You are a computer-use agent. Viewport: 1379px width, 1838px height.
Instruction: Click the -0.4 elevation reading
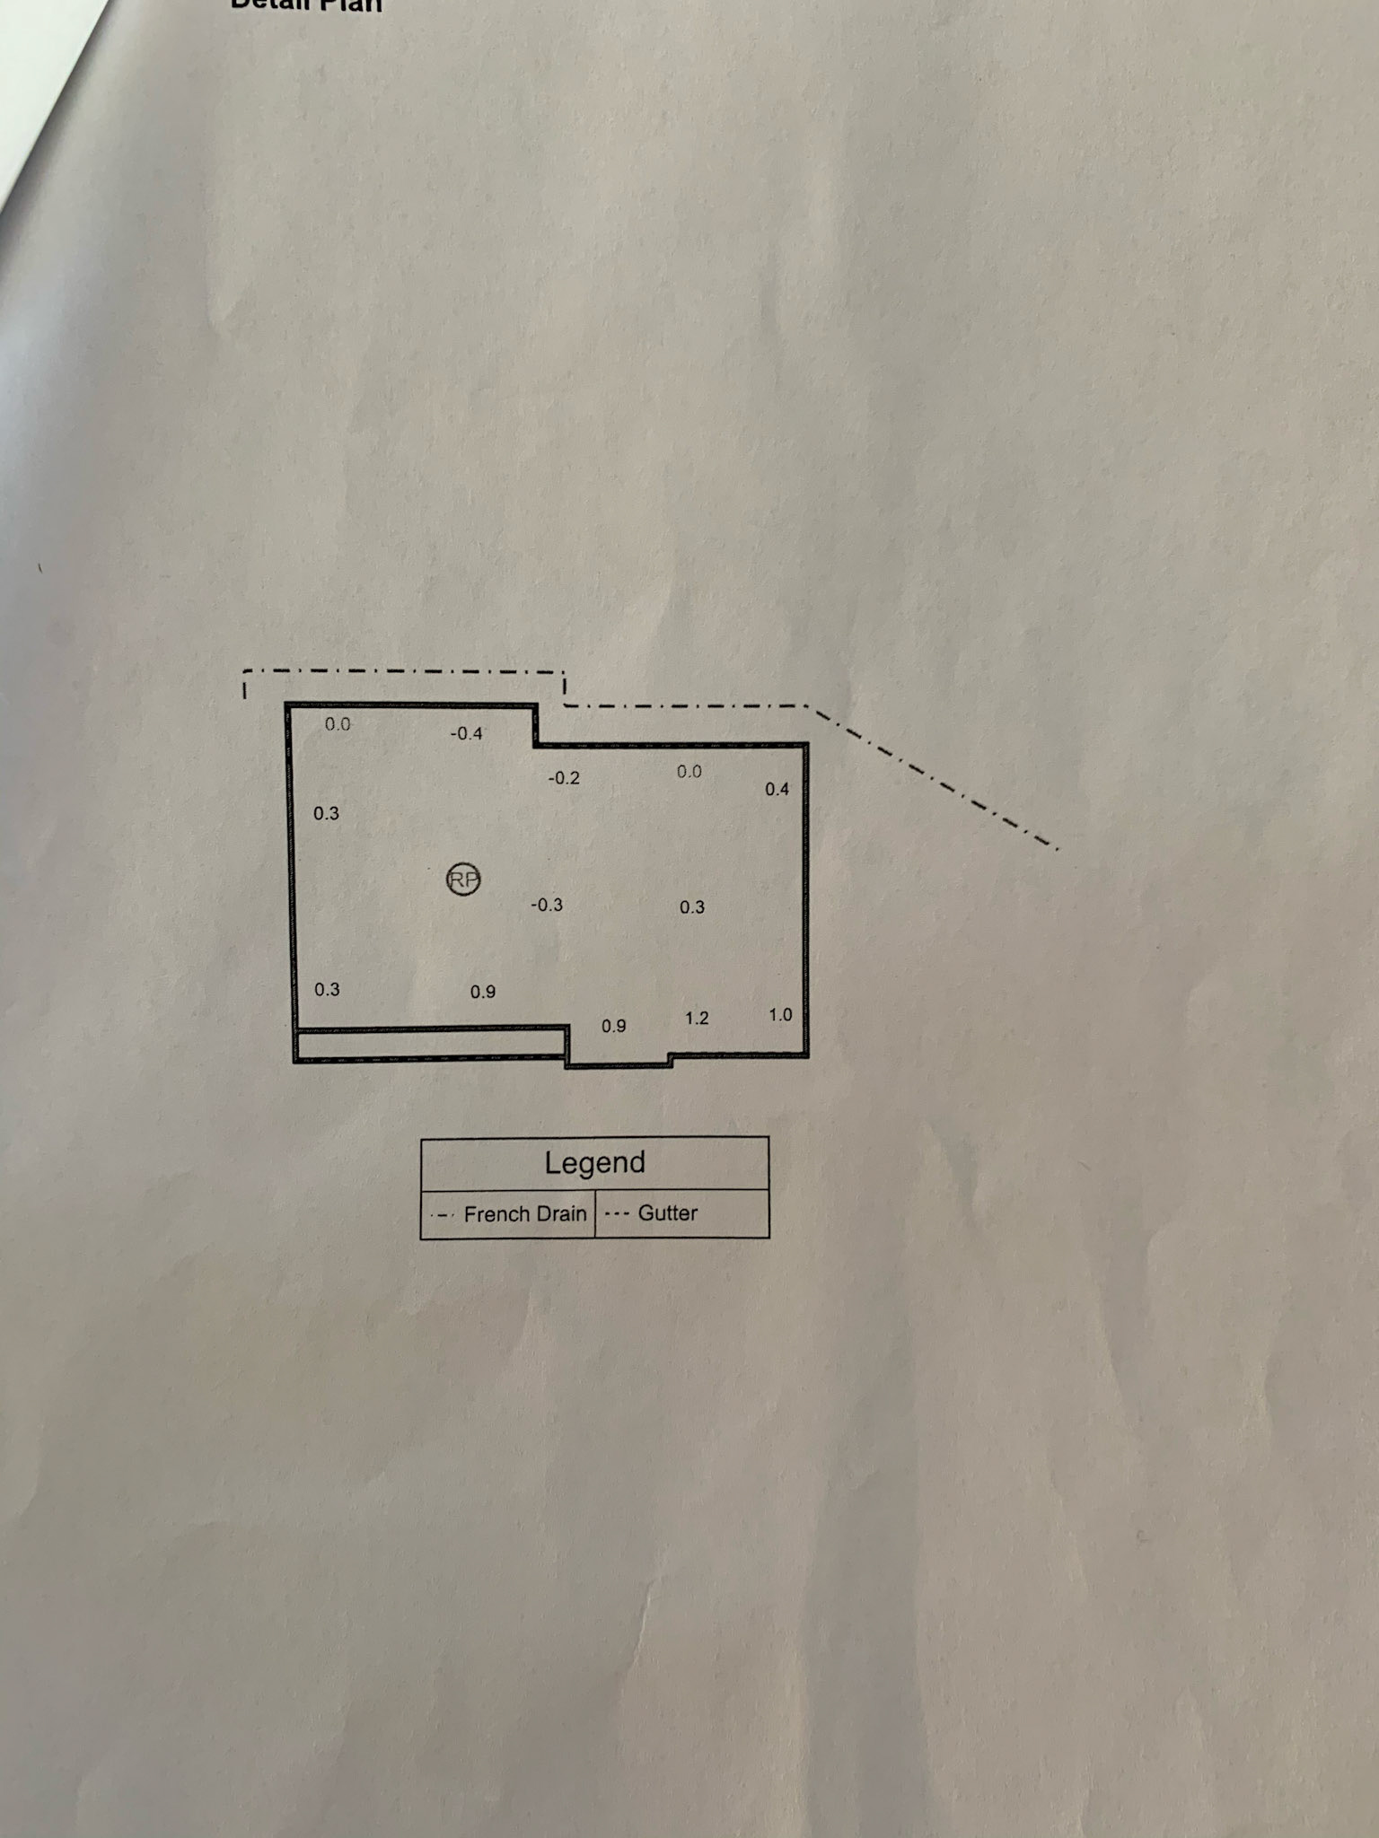pyautogui.click(x=466, y=734)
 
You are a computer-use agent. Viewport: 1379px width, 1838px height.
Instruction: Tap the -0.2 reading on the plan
pyautogui.click(x=564, y=778)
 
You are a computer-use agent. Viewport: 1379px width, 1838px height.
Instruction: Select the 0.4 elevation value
pyautogui.click(x=777, y=789)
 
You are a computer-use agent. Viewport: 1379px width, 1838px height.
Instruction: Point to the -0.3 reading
pyautogui.click(x=546, y=905)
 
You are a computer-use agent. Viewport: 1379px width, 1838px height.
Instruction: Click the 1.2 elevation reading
pyautogui.click(x=697, y=1018)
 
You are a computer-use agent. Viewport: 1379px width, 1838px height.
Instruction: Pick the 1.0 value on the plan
pyautogui.click(x=780, y=1014)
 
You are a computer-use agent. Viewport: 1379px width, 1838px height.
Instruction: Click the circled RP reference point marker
pyautogui.click(x=463, y=880)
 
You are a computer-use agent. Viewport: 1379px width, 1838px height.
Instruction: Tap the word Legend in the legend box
pyautogui.click(x=594, y=1163)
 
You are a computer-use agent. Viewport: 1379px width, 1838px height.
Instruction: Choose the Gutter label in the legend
pyautogui.click(x=667, y=1213)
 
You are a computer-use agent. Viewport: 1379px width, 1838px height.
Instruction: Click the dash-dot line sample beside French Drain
pyautogui.click(x=443, y=1215)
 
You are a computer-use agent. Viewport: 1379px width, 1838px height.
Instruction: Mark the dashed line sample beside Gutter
pyautogui.click(x=616, y=1214)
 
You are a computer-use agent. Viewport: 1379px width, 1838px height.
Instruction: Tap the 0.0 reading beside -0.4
pyautogui.click(x=338, y=724)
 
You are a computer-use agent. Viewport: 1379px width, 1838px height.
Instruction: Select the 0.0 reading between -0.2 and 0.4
pyautogui.click(x=689, y=772)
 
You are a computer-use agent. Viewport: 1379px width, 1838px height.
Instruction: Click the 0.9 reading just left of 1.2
pyautogui.click(x=613, y=1026)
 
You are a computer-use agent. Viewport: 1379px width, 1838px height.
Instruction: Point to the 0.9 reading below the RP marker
pyautogui.click(x=482, y=992)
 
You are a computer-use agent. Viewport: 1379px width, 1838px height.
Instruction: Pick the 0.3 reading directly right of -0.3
pyautogui.click(x=691, y=907)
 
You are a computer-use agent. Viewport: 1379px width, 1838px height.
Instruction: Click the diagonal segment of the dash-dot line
pyautogui.click(x=934, y=777)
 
